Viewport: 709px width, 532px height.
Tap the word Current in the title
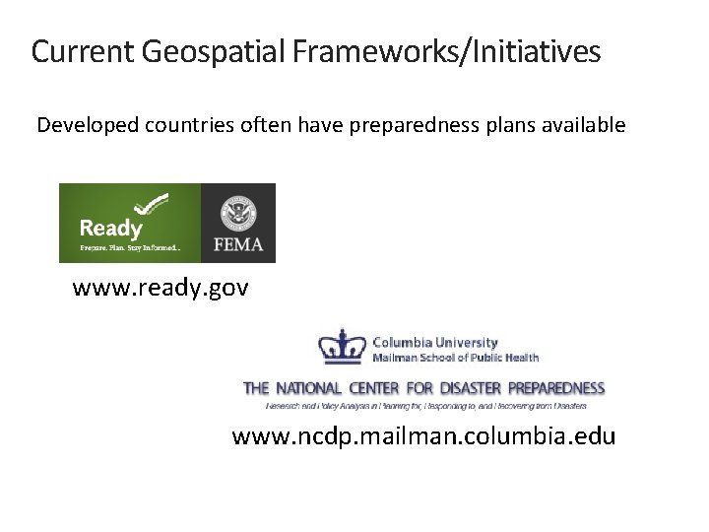83,51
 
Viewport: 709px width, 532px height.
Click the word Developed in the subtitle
88,125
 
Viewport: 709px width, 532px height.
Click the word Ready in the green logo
111,229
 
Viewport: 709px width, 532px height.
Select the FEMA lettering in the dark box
238,243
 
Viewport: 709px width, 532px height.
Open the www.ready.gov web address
161,289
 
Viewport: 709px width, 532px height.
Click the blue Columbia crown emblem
342,347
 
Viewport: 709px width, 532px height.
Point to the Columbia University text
435,343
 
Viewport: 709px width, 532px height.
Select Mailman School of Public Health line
455,357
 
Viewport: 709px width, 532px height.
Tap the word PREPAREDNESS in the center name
555,388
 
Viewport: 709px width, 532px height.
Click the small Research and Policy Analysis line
426,405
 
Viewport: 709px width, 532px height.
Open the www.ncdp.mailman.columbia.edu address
423,435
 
